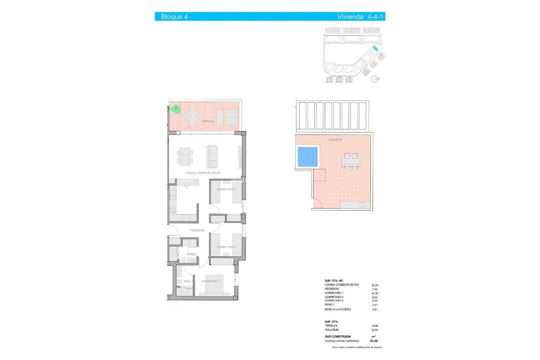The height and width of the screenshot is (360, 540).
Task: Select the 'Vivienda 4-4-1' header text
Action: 361,16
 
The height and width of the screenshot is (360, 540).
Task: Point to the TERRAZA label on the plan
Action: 207,121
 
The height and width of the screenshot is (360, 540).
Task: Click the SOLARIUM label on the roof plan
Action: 335,139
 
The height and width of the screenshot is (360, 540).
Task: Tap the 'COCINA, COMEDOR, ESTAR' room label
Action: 203,173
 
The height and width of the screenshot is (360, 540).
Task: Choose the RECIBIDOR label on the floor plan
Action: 197,230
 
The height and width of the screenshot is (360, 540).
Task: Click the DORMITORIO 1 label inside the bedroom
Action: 211,281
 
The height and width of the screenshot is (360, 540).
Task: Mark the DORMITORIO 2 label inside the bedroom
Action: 226,247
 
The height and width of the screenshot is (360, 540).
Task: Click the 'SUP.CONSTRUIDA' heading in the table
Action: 337,337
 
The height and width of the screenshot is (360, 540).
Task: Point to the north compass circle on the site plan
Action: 375,78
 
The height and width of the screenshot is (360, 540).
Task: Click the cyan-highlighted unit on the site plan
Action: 375,48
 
